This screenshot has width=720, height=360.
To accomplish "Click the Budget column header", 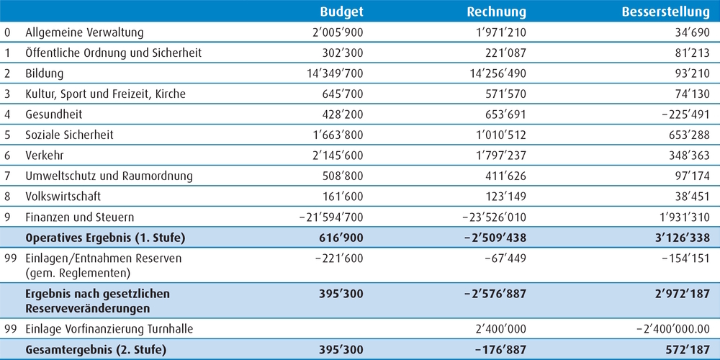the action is (x=341, y=12).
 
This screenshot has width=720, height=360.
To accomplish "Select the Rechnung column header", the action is (x=496, y=12).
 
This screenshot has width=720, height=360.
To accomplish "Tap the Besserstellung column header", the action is (x=666, y=12).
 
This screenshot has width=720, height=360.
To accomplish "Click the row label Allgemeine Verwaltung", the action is (x=84, y=33).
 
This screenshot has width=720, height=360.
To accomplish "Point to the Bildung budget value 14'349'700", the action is (x=334, y=73).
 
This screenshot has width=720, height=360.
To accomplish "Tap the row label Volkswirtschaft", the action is (x=63, y=196).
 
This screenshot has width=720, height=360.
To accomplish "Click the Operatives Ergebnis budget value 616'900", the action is (x=341, y=238).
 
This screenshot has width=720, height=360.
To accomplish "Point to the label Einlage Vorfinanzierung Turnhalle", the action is (x=109, y=329).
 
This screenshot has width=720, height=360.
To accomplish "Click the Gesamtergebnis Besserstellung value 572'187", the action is (x=688, y=349).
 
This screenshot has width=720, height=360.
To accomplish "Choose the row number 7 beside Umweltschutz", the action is (x=7, y=176).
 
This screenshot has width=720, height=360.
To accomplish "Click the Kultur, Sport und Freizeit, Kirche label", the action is (x=106, y=94).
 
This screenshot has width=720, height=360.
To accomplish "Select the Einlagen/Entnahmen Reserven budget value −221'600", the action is (x=337, y=258).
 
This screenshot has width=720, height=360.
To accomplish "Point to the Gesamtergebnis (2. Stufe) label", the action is (x=96, y=350).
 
